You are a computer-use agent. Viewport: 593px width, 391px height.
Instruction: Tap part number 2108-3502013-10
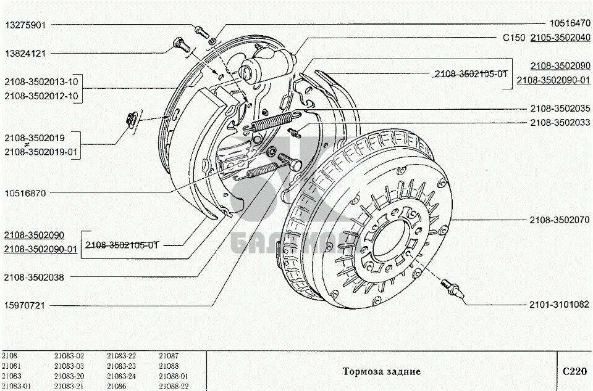coord(41,82)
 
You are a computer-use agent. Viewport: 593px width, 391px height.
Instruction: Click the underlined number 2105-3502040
coord(560,38)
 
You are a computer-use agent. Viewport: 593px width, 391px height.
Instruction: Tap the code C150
coord(513,38)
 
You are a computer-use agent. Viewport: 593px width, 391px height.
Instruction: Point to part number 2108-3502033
coord(560,123)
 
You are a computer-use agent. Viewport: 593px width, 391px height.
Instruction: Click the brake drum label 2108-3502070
coord(560,220)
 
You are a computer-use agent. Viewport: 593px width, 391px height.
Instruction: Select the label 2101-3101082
coord(560,305)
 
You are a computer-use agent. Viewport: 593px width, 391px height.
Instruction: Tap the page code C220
coord(574,371)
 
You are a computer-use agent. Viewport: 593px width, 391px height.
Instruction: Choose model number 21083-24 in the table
coord(121,376)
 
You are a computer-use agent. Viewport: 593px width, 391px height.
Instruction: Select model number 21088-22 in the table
coord(174,385)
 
